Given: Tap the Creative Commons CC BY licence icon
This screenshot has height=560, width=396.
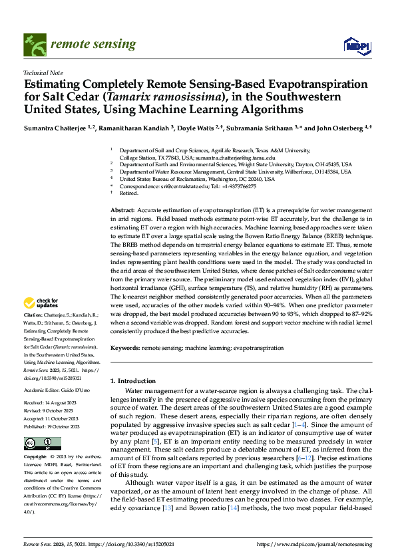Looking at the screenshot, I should [42, 444].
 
